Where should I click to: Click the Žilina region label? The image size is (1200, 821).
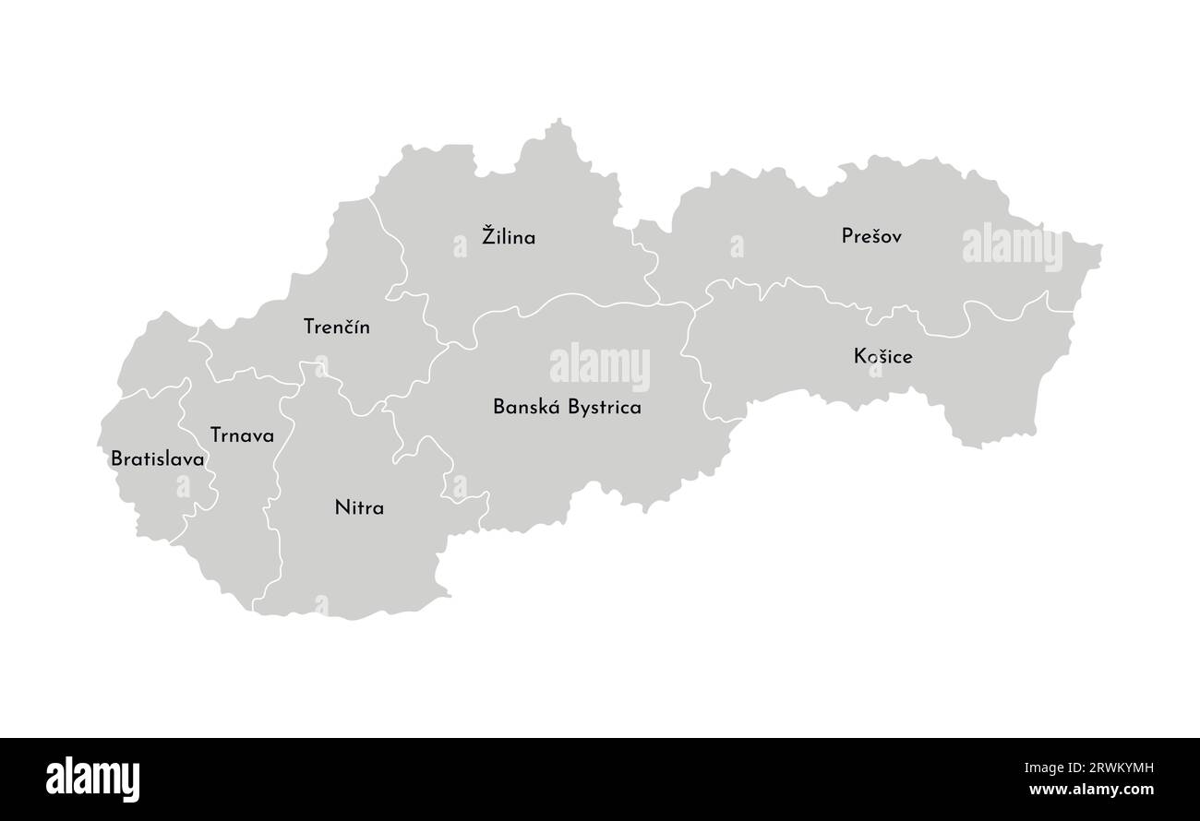(509, 237)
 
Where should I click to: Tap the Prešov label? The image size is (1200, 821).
(871, 236)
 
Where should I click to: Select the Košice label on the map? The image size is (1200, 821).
(883, 356)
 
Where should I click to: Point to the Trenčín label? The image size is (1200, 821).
(336, 327)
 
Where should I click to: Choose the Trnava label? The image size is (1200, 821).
(242, 435)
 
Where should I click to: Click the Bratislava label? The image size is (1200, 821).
(157, 458)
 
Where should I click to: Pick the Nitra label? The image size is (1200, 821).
(359, 507)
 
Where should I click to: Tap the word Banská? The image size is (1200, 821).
(523, 407)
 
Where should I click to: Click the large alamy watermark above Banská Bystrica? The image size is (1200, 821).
(600, 364)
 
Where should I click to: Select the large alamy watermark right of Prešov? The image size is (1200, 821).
(1012, 244)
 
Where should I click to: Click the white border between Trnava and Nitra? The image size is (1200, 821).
(274, 480)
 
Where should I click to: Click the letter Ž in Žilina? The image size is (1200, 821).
(488, 235)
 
